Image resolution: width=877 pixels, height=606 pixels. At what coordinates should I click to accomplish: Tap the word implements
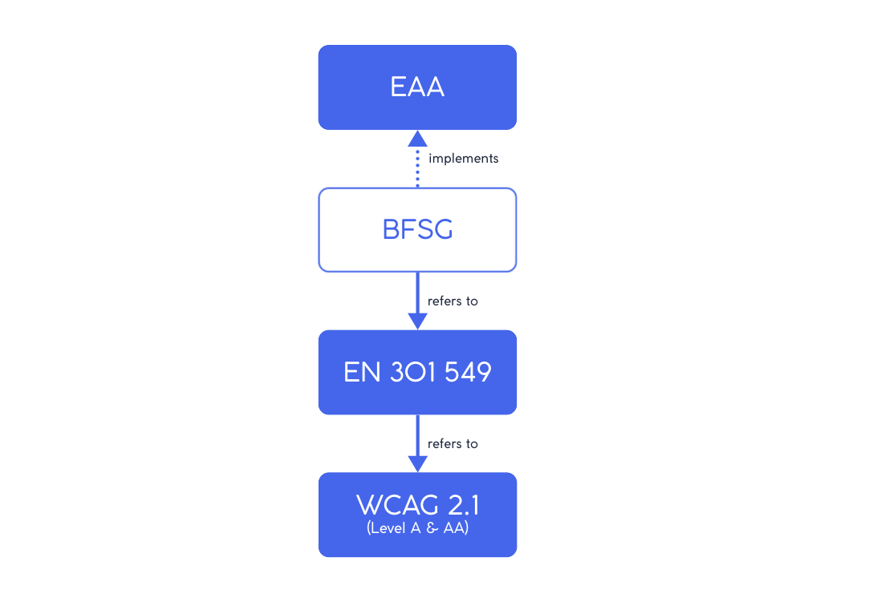tap(464, 159)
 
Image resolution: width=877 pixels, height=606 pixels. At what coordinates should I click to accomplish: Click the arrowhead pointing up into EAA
tap(417, 139)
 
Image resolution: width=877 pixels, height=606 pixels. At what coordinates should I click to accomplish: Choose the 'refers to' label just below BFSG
tap(453, 301)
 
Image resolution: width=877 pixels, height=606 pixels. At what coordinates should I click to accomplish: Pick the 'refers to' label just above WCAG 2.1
tap(453, 444)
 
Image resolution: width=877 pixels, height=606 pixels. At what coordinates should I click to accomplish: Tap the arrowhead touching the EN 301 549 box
tap(417, 320)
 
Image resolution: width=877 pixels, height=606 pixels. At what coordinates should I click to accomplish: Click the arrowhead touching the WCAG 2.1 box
tap(417, 463)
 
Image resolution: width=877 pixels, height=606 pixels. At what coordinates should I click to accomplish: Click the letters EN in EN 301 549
tap(362, 373)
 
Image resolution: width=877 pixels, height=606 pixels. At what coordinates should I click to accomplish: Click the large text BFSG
tap(417, 230)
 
